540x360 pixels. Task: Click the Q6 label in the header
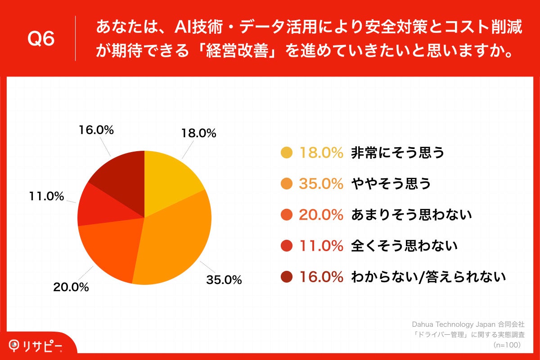[x=41, y=39]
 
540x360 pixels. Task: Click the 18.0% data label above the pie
[x=198, y=133]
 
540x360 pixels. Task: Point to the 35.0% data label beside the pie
[x=224, y=279]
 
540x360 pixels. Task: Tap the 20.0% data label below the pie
[x=71, y=287]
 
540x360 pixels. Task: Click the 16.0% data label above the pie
[x=96, y=130]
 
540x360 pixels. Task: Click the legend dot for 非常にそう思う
[x=286, y=153]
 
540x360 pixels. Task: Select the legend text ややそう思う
[x=391, y=184]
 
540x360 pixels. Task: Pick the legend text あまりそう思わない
[x=411, y=215]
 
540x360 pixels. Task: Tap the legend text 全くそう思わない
[x=404, y=246]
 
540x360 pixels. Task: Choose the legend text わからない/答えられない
[x=428, y=277]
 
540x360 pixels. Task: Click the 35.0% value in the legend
[x=321, y=184]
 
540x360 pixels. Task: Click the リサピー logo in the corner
[x=36, y=346]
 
